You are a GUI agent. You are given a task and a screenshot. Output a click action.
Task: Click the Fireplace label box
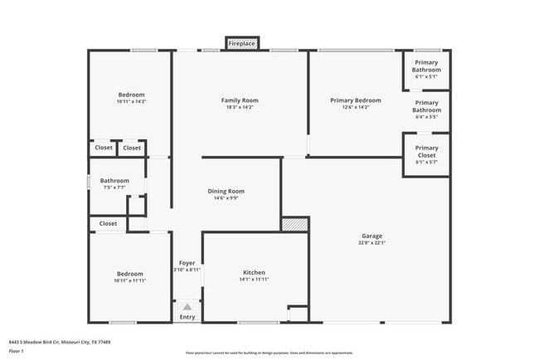(x=242, y=42)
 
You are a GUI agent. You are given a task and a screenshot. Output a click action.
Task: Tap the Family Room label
(x=240, y=100)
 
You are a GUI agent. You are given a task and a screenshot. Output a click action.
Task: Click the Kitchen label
(x=254, y=272)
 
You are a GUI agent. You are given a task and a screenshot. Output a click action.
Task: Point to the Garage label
(x=371, y=236)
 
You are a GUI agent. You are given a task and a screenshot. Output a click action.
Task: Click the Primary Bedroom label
(x=356, y=100)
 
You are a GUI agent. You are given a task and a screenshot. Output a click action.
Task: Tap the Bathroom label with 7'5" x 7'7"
(x=114, y=180)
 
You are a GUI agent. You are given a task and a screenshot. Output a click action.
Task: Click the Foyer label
(x=187, y=263)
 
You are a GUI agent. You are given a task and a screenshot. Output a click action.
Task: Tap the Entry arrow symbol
(x=187, y=307)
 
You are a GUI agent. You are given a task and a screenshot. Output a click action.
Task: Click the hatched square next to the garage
(x=294, y=224)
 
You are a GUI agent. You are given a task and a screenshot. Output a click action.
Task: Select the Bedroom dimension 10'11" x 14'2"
(x=131, y=102)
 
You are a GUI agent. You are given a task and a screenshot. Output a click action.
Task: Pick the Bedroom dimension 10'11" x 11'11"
(x=131, y=280)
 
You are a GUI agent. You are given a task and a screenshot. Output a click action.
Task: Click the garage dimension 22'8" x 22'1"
(x=371, y=242)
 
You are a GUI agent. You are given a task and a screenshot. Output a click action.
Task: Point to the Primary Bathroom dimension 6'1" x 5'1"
(x=426, y=76)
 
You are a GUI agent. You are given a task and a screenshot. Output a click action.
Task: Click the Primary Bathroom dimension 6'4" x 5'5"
(x=426, y=116)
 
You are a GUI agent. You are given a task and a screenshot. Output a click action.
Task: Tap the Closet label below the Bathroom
(x=108, y=223)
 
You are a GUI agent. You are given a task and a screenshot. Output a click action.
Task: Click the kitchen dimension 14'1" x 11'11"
(x=254, y=280)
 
